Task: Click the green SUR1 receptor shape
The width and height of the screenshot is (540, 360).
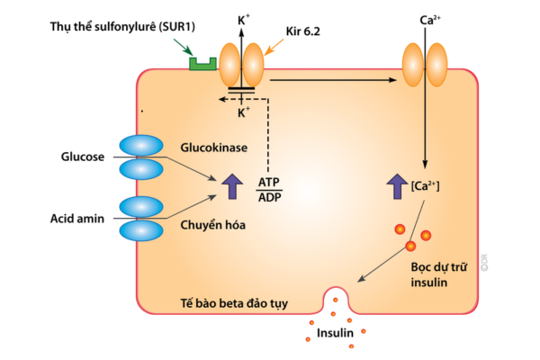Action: pyautogui.click(x=203, y=64)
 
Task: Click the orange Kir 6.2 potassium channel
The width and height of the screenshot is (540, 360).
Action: pyautogui.click(x=242, y=67)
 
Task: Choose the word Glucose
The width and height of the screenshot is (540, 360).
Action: pyautogui.click(x=85, y=157)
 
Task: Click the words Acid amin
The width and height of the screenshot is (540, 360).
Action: pyautogui.click(x=81, y=218)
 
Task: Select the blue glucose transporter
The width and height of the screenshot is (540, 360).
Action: pyautogui.click(x=141, y=157)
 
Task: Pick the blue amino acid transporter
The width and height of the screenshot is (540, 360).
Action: pyautogui.click(x=141, y=218)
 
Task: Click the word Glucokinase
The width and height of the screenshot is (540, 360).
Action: pyautogui.click(x=213, y=146)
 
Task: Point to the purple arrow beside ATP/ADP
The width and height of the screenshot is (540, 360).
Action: pyautogui.click(x=232, y=185)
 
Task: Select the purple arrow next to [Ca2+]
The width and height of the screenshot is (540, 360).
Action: pyautogui.click(x=395, y=185)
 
